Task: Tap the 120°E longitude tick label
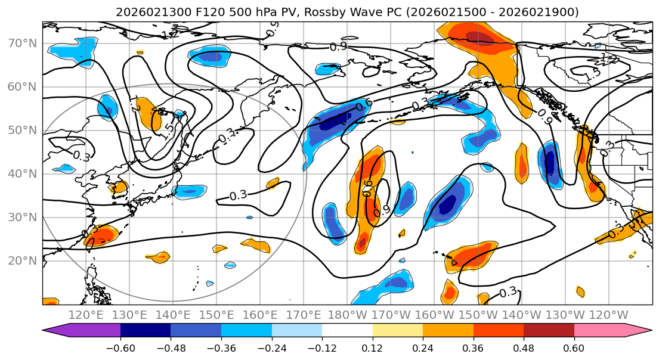86,315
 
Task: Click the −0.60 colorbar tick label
120,347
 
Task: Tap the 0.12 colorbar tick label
373,347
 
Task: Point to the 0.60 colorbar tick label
574,347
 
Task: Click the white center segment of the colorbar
347,331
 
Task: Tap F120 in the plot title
195,12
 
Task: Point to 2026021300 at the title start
145,12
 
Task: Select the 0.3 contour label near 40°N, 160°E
238,195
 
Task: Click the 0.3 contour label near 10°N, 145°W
508,293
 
